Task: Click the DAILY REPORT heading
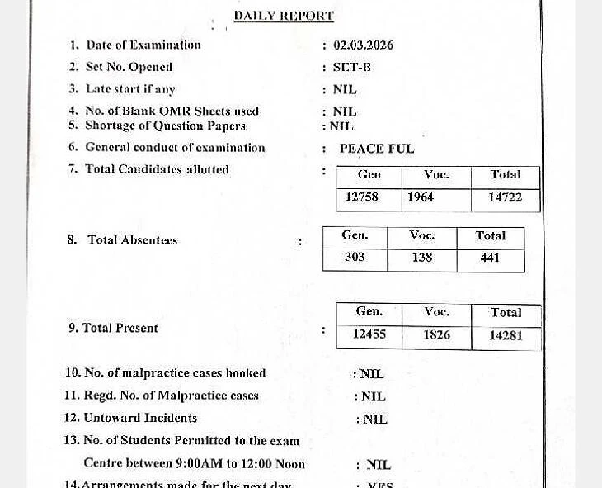click(x=284, y=16)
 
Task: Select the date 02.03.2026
click(x=363, y=45)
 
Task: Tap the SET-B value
click(x=351, y=67)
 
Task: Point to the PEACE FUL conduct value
click(x=377, y=149)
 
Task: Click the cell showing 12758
click(x=362, y=197)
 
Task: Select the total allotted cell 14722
click(x=505, y=197)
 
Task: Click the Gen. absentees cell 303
click(x=355, y=258)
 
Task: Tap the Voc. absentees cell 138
click(x=422, y=258)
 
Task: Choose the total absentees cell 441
click(x=490, y=258)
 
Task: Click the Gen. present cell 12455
click(x=369, y=334)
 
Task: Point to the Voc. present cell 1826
click(x=436, y=334)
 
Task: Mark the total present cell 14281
click(x=506, y=335)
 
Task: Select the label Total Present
click(x=120, y=328)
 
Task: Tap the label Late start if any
click(x=130, y=88)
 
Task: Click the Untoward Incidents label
click(x=140, y=418)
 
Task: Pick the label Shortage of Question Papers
click(x=165, y=126)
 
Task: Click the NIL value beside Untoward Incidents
click(x=374, y=419)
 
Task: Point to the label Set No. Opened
click(x=129, y=67)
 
